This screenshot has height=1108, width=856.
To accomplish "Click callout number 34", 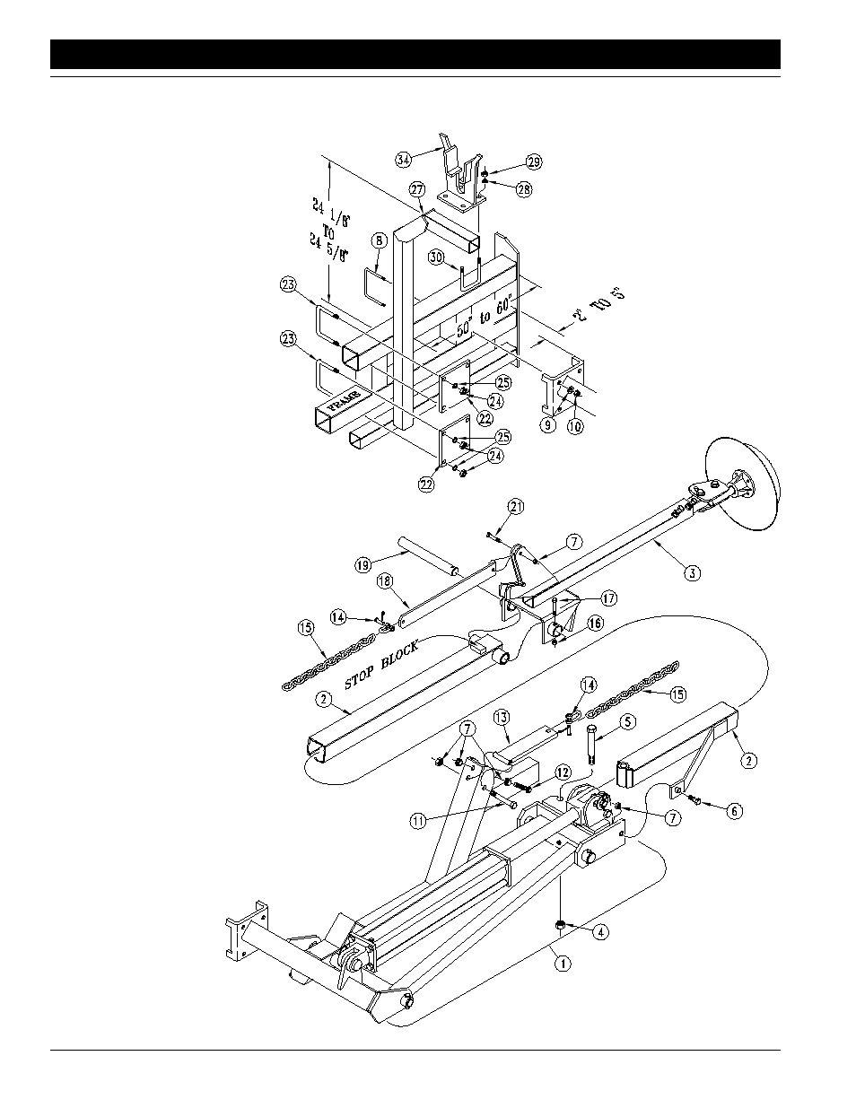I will coord(403,159).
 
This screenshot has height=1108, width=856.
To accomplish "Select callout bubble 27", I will coord(416,189).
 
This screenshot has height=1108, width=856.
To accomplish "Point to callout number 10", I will coord(574,427).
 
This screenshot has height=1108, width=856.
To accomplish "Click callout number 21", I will coord(515,507).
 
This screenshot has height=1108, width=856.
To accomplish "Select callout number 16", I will coord(595,622).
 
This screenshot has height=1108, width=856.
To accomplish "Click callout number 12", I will coord(563,772).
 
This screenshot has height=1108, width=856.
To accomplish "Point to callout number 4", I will coord(600,931).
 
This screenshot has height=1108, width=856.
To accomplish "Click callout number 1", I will coord(562,964).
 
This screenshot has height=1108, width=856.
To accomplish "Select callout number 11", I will coord(418,819).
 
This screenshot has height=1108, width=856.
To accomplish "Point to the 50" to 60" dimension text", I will coord(483,316).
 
